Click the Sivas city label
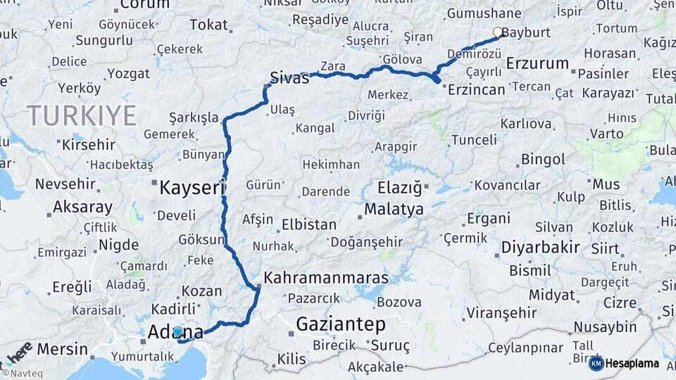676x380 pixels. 289,78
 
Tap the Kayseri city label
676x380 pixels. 192,188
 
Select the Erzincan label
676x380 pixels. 477,89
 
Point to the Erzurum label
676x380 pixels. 537,63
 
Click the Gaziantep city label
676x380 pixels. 341,324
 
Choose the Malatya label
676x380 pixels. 394,210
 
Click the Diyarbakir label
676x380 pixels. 540,247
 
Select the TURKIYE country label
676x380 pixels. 81,115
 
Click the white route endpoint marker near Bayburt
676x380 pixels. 498,32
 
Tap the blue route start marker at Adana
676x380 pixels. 177,331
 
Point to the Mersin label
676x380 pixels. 63,349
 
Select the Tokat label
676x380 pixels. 208,25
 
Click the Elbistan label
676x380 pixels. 308,225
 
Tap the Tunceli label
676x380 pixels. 474,140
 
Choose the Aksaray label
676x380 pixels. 83,208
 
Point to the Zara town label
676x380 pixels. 332,66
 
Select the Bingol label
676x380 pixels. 543,160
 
